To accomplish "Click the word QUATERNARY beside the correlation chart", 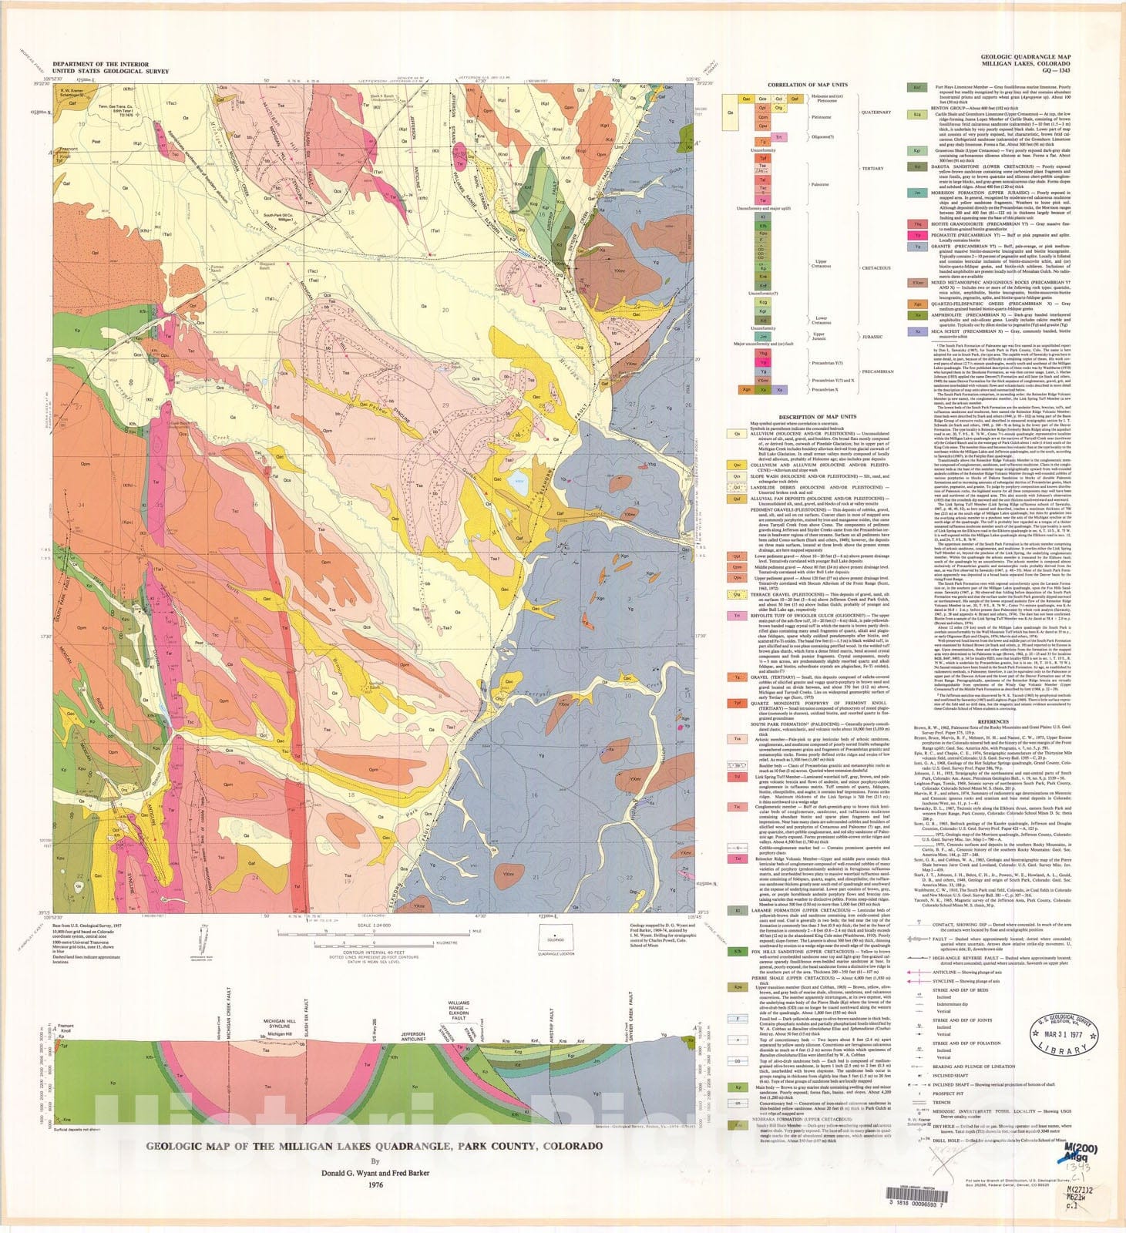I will pos(876,113).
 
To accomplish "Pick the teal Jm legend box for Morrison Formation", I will pos(916,193).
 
